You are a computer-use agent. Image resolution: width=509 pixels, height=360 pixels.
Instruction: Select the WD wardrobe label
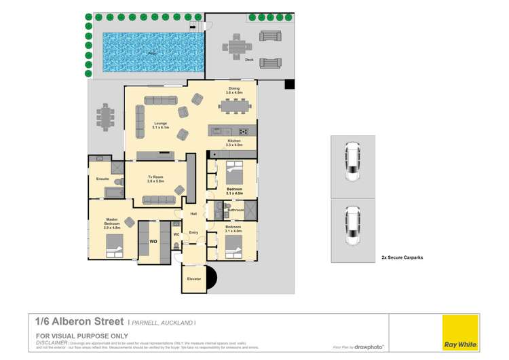pos(153,240)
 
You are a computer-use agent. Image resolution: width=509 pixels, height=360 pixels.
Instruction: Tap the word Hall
pos(193,214)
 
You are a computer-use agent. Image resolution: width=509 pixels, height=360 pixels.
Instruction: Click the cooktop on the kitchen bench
pos(243,131)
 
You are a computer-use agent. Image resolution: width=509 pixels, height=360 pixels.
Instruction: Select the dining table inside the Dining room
pos(235,106)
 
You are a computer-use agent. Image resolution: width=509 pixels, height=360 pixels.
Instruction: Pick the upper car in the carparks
pos(352,163)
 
